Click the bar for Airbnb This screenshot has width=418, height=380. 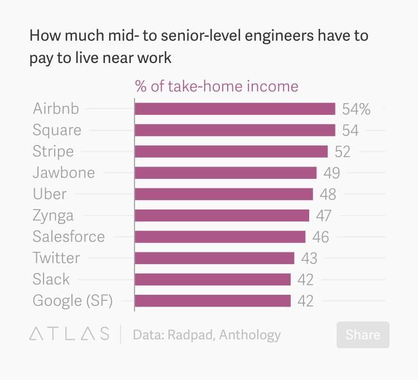[234, 109]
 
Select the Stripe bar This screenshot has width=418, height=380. [231, 152]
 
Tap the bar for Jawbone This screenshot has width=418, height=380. [225, 173]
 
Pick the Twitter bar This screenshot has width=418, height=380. [214, 258]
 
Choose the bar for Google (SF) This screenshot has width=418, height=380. [213, 301]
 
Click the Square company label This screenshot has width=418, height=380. [57, 130]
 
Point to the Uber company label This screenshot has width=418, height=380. [50, 194]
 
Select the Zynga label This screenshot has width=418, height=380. [53, 216]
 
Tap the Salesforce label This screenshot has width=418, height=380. [69, 236]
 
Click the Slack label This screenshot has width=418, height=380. [51, 279]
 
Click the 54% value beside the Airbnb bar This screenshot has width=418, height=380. [356, 109]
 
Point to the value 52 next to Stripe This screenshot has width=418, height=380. [343, 152]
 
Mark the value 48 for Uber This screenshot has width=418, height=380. [328, 194]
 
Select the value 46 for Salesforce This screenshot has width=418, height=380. [321, 237]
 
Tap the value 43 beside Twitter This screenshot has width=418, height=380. [309, 259]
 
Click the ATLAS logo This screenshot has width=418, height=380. [69, 334]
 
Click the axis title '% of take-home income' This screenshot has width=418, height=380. [217, 86]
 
